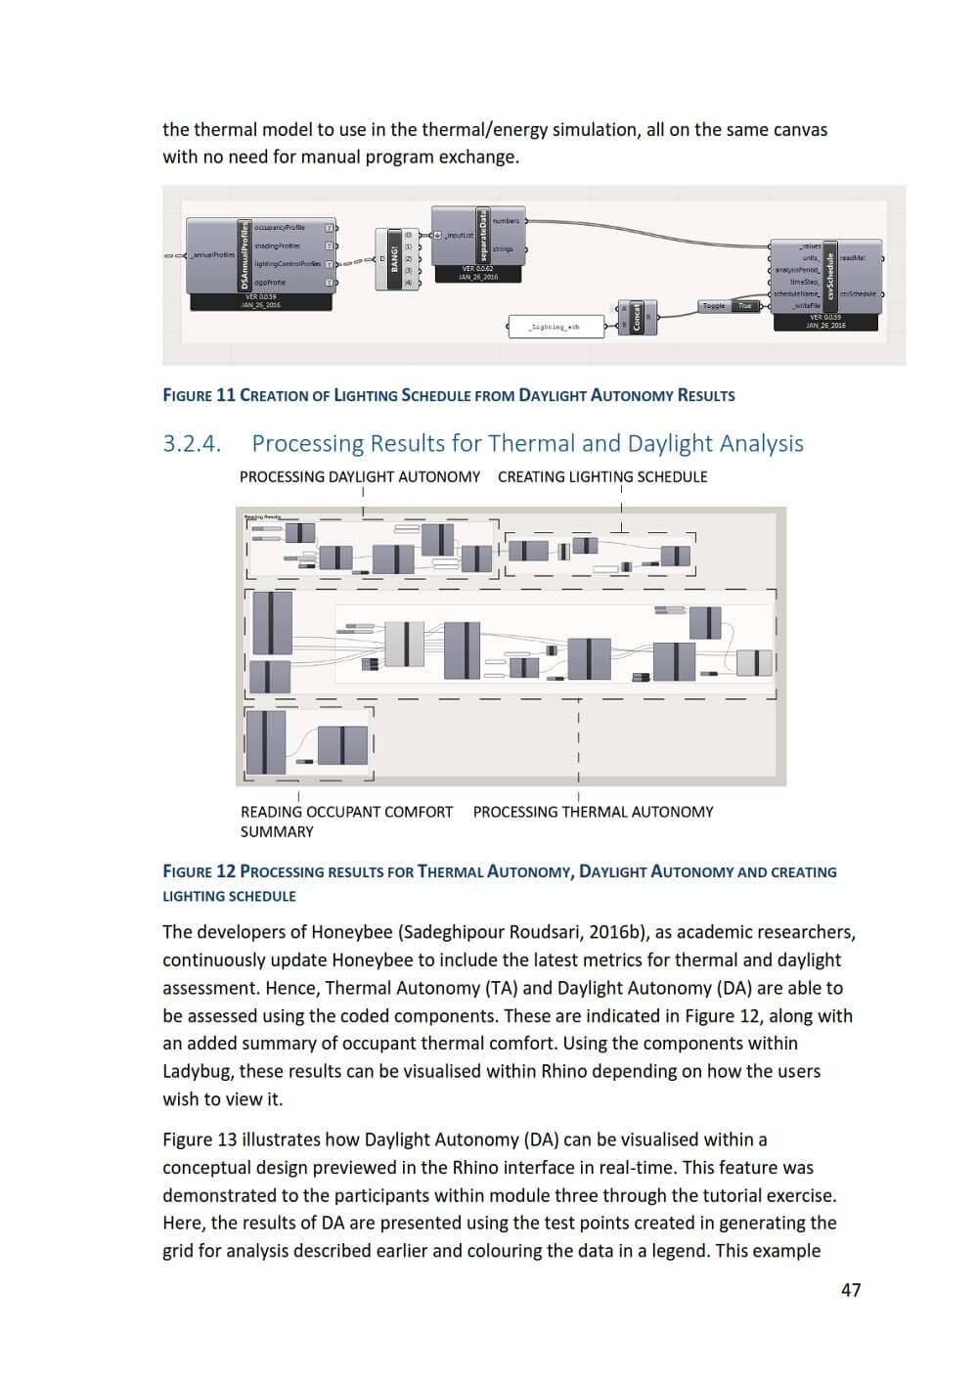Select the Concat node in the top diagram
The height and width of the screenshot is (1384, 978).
point(637,317)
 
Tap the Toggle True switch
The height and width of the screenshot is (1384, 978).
point(730,306)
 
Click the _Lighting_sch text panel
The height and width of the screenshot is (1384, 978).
point(554,327)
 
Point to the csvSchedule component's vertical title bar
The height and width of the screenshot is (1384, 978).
point(830,276)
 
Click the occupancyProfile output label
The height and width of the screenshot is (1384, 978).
point(280,228)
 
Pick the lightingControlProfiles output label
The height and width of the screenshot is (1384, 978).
point(287,264)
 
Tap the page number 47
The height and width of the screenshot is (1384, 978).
point(851,1290)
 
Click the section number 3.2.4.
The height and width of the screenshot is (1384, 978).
point(192,444)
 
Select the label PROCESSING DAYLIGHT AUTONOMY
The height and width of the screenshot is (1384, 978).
point(360,477)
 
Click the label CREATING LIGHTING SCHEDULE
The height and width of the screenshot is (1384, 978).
point(602,477)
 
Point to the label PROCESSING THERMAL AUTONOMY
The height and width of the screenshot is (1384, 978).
point(593,812)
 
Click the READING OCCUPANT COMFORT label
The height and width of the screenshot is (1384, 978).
point(346,812)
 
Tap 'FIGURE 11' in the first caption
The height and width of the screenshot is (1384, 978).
point(200,396)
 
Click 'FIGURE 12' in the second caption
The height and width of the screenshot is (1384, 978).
point(200,871)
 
